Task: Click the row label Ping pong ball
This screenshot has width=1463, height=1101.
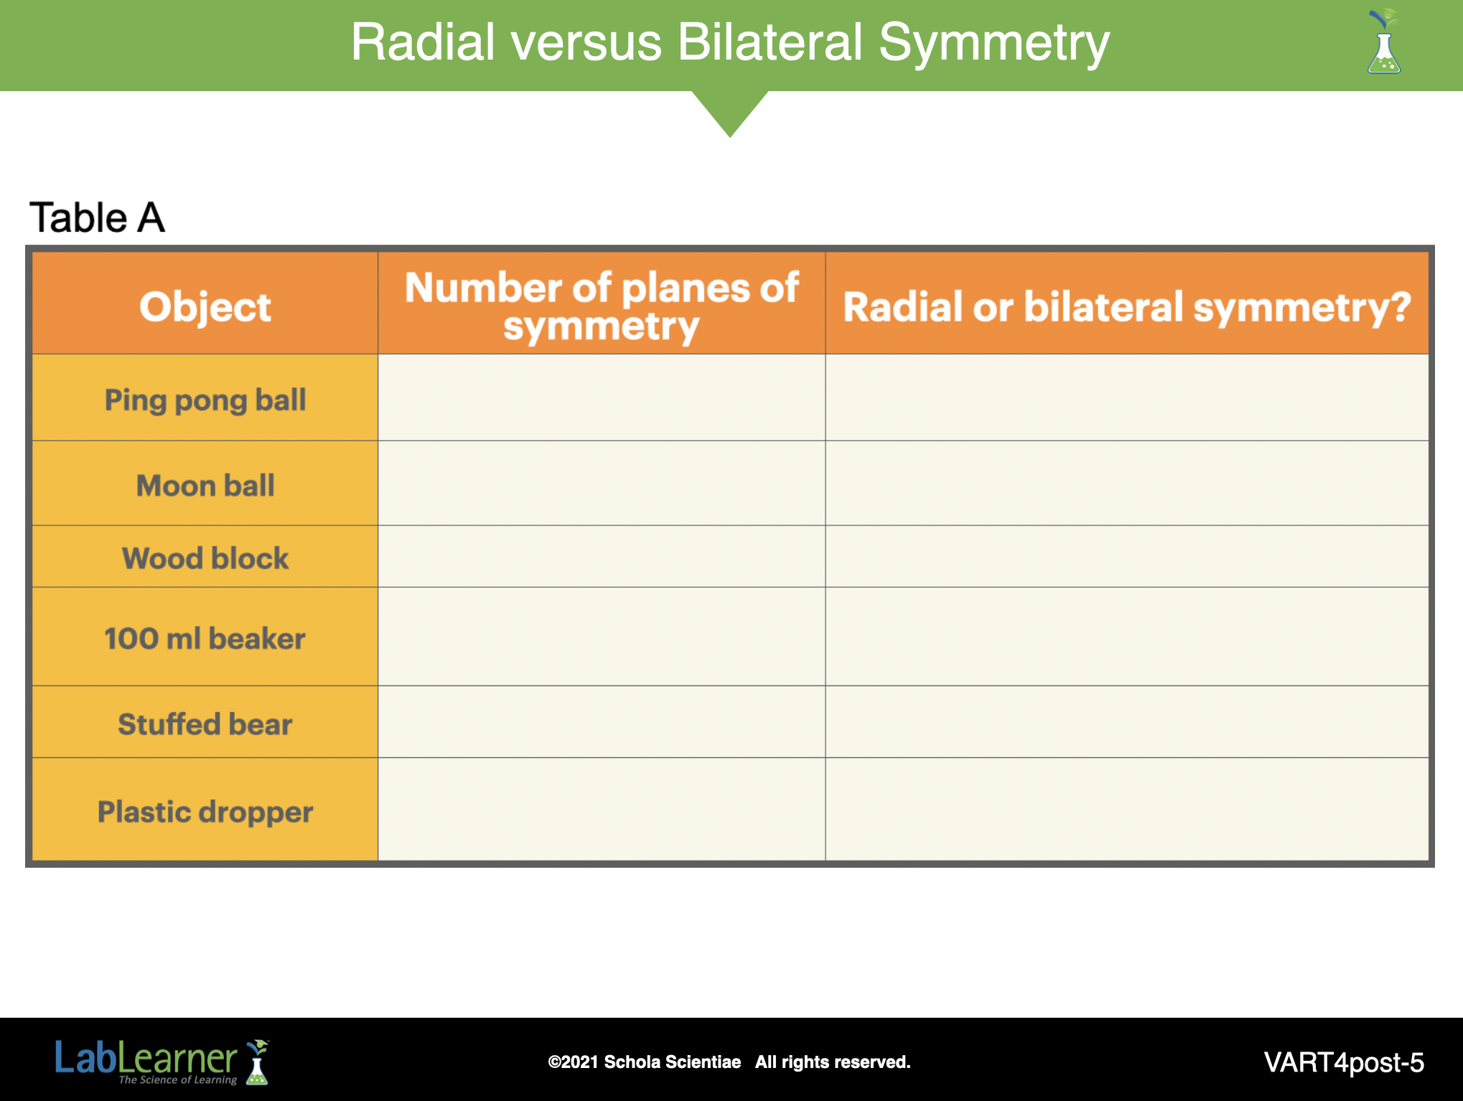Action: tap(205, 400)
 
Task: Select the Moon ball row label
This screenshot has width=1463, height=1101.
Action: tap(205, 486)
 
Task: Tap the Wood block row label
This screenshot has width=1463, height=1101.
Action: tap(205, 558)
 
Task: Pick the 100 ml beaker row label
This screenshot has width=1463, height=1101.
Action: tap(205, 638)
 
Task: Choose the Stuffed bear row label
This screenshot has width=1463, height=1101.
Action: tap(205, 723)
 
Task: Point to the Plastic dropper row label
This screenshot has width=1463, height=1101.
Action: tap(205, 812)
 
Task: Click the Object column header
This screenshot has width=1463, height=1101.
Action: tap(205, 307)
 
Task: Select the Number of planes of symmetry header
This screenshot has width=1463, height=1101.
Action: tap(602, 306)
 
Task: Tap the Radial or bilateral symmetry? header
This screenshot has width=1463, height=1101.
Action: tap(1127, 307)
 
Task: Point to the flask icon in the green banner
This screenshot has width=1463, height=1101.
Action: tap(1384, 42)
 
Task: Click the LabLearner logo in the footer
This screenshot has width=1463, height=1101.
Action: tap(162, 1062)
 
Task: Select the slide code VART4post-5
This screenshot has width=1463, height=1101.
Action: tap(1344, 1062)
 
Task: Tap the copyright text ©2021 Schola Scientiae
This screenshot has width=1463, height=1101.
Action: tap(644, 1062)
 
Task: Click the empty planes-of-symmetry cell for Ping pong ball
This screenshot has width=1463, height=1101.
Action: tap(602, 398)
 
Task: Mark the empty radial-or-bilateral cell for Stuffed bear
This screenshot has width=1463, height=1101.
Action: tap(1127, 721)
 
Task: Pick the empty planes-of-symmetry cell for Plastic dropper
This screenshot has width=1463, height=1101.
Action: tap(602, 809)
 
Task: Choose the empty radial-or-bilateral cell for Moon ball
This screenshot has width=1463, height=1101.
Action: tap(1127, 483)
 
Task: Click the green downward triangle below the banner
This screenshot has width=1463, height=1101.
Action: tap(730, 109)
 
